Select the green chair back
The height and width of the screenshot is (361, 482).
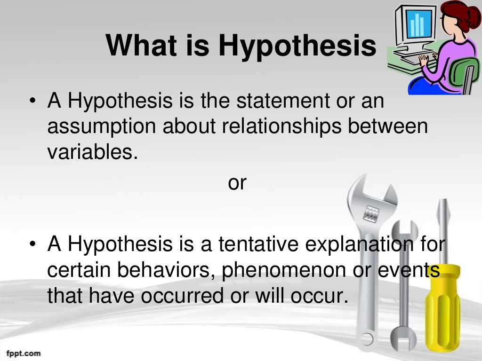[466, 75]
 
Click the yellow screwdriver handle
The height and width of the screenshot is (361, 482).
[445, 301]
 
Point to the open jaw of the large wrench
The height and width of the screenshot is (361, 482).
[372, 188]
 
